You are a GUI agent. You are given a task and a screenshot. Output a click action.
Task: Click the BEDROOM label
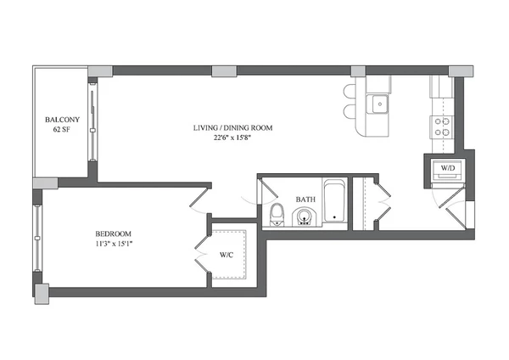click(114, 233)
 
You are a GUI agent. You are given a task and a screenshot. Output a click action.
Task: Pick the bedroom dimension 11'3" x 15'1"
click(114, 245)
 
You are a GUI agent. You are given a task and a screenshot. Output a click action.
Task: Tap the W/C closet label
click(227, 253)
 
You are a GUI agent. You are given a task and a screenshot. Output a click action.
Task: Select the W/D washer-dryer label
click(445, 168)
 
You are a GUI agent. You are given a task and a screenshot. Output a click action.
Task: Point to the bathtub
click(334, 203)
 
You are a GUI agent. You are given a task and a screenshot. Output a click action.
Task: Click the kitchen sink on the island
click(378, 104)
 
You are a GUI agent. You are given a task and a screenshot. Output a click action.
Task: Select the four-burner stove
click(442, 127)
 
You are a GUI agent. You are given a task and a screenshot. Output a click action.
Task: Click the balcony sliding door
click(92, 124)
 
